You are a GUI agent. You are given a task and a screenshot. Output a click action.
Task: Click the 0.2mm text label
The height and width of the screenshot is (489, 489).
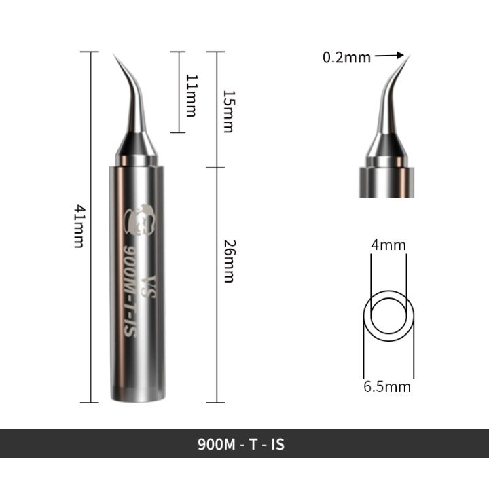pos(346,58)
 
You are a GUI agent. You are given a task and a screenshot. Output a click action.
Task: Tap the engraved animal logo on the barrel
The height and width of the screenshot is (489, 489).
pos(141,218)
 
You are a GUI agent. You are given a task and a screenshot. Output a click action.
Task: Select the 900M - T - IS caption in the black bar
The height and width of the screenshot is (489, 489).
pos(241,445)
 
